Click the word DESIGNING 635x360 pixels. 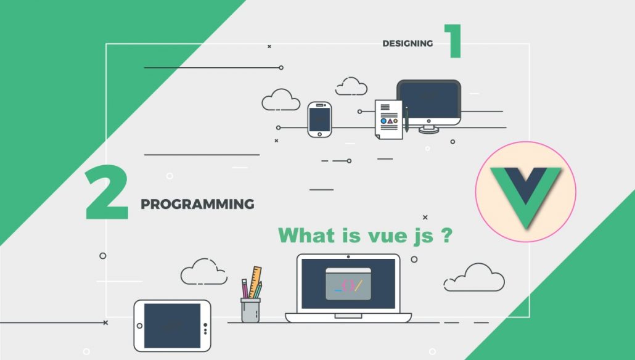click(x=408, y=43)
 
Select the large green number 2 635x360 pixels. click(x=107, y=192)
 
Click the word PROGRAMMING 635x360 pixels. click(x=197, y=204)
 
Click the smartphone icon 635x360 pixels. click(x=319, y=120)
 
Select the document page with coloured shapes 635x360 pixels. click(x=389, y=120)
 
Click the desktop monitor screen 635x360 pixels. click(x=429, y=100)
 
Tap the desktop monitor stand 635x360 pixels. click(x=429, y=129)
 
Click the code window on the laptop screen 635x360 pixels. click(x=348, y=284)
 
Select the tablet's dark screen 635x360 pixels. click(x=172, y=325)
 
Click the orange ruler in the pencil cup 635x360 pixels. click(x=255, y=282)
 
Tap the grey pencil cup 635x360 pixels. click(x=250, y=310)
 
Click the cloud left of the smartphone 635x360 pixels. click(x=281, y=100)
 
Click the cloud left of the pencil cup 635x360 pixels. click(x=203, y=272)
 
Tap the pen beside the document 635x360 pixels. click(x=407, y=119)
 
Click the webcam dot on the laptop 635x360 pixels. click(x=348, y=256)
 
